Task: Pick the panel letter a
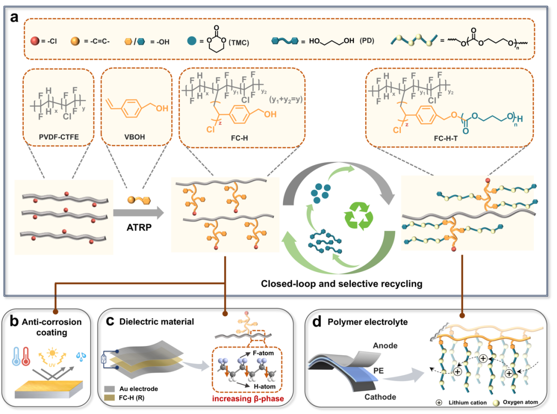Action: (x=14, y=18)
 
